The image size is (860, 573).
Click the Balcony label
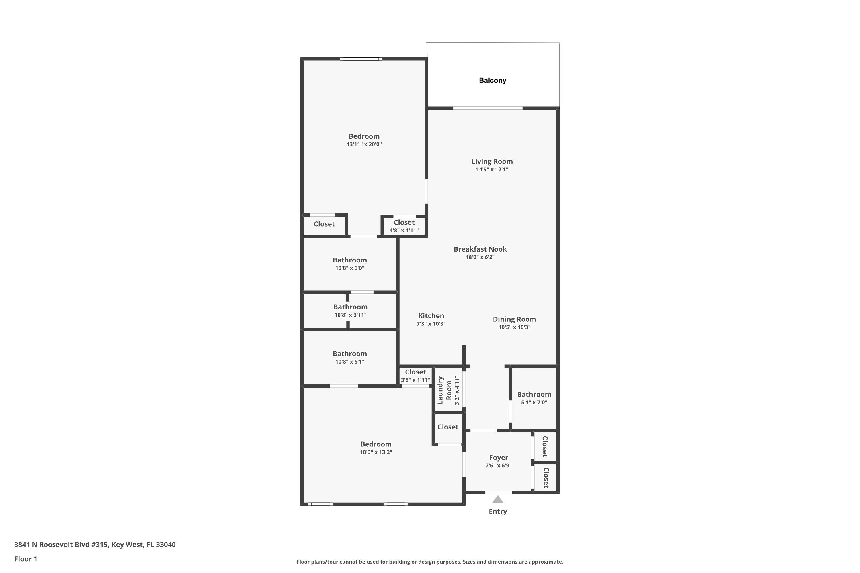[x=492, y=81]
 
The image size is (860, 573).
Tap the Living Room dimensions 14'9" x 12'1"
[x=492, y=170]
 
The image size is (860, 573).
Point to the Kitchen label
[x=431, y=316]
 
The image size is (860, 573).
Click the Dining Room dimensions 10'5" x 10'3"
[x=514, y=327]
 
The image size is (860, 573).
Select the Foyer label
[x=499, y=458]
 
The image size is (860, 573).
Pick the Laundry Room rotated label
[x=444, y=390]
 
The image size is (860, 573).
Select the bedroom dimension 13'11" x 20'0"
[x=364, y=144]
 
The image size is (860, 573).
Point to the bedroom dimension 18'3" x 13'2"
[x=376, y=452]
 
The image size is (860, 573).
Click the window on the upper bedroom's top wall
[x=361, y=59]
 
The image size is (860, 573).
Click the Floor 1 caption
[x=26, y=559]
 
